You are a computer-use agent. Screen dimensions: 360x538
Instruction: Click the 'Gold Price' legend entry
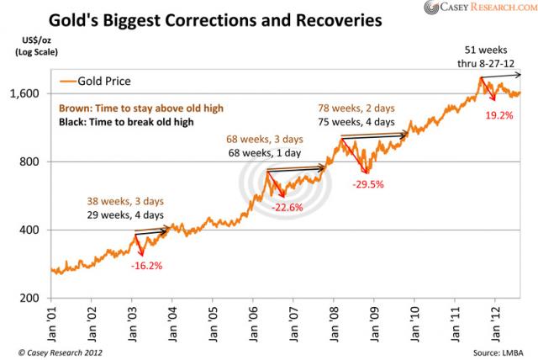point(102,82)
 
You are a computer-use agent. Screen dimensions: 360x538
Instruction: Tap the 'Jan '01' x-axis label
point(53,323)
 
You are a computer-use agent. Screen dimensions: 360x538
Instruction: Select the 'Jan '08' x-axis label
point(334,323)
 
